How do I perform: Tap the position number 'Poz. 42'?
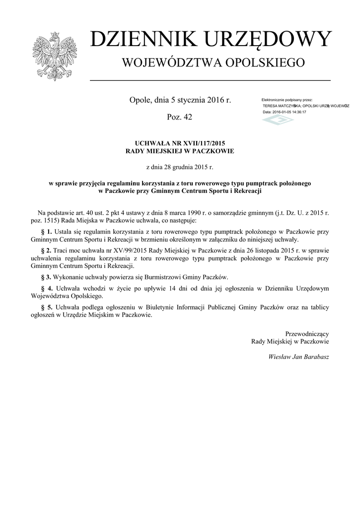(180, 117)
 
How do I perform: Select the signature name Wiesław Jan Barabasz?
(298, 357)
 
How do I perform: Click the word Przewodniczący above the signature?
(306, 333)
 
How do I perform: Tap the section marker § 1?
(46, 232)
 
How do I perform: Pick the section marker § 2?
(46, 251)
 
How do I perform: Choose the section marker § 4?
(46, 288)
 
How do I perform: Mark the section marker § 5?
(46, 308)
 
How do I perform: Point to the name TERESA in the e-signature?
(271, 106)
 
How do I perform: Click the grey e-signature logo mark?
(278, 120)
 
